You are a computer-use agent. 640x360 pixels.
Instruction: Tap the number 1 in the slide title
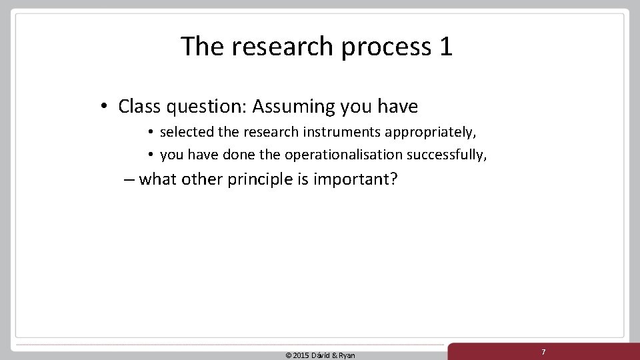[x=445, y=47]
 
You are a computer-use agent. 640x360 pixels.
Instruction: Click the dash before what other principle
[x=129, y=180]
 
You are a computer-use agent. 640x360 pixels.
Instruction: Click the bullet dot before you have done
[x=152, y=155]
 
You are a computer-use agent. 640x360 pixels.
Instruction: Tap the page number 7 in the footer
[x=543, y=351]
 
